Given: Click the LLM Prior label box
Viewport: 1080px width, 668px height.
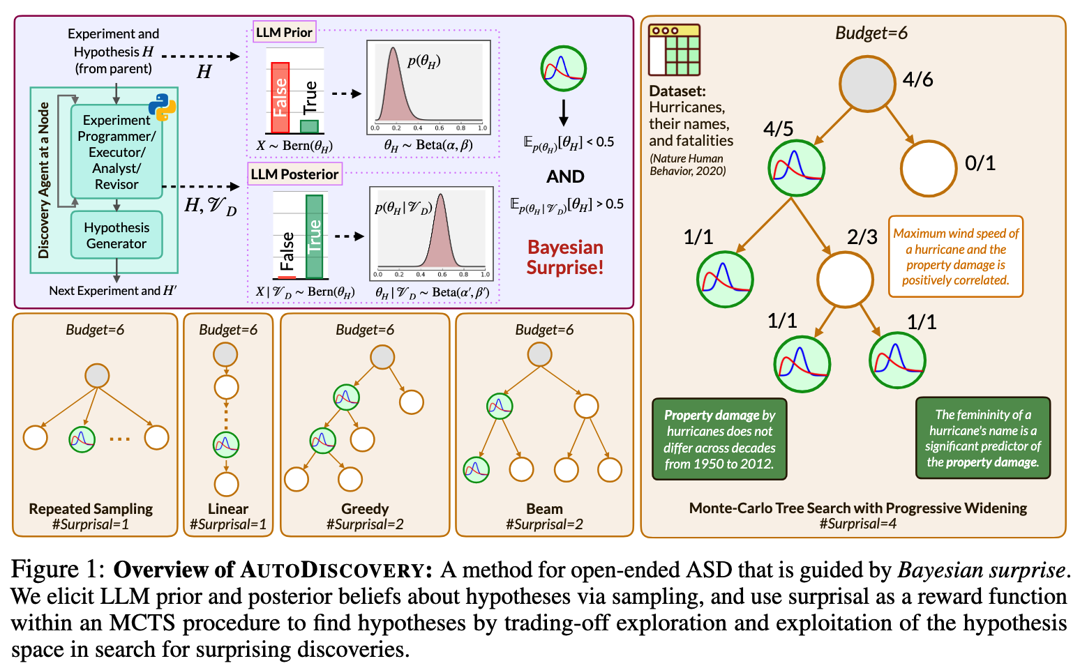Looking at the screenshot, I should pos(284,32).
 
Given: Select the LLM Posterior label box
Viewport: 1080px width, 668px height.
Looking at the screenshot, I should pos(294,174).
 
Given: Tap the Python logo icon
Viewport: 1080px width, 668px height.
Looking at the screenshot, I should pos(162,107).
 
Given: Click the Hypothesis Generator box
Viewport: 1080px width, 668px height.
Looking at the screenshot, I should pos(117,236).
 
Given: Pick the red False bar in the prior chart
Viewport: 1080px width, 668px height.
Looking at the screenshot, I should pos(280,98).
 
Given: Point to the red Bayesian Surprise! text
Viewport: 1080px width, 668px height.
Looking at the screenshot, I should pos(564,257).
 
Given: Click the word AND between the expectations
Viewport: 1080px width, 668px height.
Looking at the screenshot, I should pos(565,176).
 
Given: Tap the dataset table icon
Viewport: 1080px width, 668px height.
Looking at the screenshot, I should pos(674,50).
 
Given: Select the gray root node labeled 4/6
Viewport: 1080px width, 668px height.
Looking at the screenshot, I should pos(867,83).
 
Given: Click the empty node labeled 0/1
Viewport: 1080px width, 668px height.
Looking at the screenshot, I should pos(928,169).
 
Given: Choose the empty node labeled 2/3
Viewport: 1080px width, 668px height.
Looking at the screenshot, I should pos(845,279).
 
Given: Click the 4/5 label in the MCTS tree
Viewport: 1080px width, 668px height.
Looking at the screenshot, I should pos(778,129).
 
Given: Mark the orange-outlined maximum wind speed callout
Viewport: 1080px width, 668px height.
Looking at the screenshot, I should pos(956,257).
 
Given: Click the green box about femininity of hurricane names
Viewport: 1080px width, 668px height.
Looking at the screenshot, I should pos(982,438).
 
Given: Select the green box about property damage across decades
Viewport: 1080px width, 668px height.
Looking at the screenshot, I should pos(719,439).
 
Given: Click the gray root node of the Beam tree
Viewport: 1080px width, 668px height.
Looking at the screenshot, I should pos(539,354).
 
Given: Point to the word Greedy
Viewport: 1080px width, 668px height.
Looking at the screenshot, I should pos(365,509).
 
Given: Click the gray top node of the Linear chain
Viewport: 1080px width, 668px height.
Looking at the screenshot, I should pos(225,354).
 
